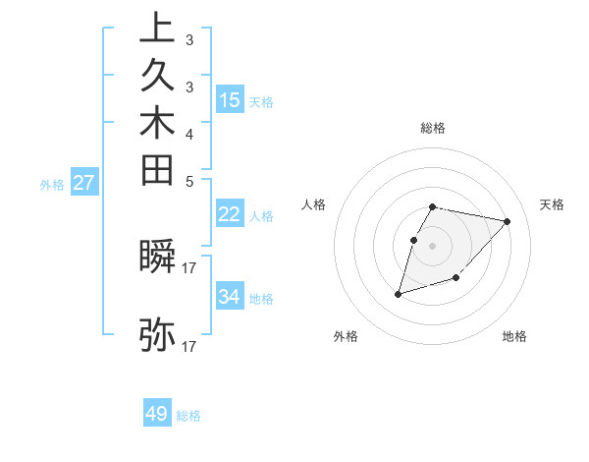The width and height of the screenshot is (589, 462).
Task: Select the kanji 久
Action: [158, 77]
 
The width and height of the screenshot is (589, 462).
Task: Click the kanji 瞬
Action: [158, 256]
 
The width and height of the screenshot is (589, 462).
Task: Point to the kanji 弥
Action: [158, 335]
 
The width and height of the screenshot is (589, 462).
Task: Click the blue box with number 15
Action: [230, 99]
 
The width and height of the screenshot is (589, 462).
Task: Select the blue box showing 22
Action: [230, 215]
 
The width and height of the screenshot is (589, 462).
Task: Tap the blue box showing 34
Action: [230, 296]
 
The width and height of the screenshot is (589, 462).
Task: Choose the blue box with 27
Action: [83, 182]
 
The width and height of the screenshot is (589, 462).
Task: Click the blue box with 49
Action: [157, 414]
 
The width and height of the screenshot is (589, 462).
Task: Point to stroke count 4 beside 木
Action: [188, 134]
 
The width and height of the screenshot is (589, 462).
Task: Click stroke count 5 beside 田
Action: [188, 181]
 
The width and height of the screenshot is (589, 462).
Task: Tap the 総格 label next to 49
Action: [188, 416]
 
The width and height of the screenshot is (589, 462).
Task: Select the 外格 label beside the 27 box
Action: [52, 184]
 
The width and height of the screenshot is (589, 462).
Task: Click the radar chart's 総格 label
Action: [433, 128]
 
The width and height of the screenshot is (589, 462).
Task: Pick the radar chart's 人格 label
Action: [314, 204]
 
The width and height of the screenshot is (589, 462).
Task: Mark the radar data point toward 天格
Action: [507, 221]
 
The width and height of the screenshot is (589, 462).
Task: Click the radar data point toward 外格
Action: [398, 294]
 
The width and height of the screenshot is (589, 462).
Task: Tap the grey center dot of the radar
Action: [433, 246]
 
